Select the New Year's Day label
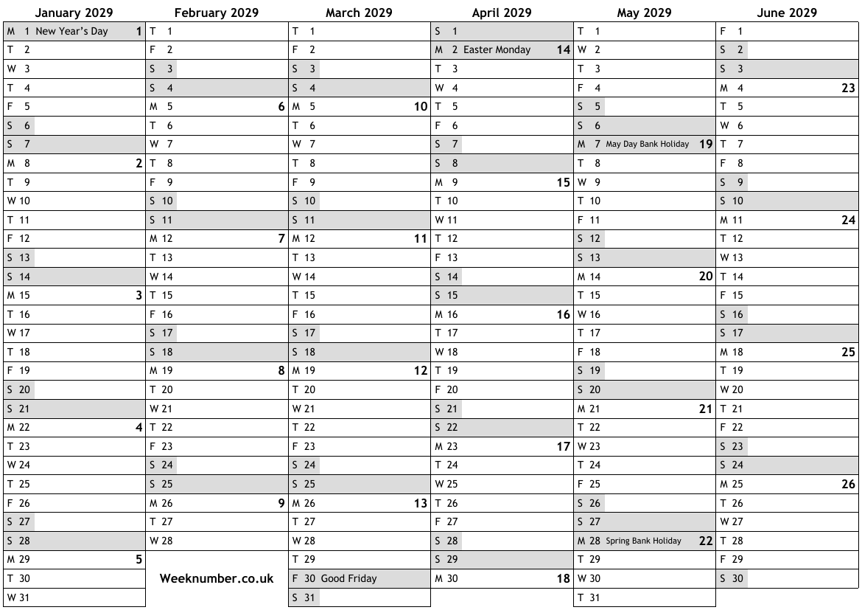71,31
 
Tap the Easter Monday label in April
497,50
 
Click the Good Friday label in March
348,579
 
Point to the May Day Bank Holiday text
647,145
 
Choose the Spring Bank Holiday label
643,541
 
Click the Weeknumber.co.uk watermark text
217,579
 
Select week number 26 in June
848,485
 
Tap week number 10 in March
421,107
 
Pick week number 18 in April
564,579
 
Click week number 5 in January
139,560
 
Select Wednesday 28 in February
161,541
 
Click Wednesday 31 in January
19,597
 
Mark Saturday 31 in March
304,597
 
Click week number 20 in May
706,277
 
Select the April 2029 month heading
501,13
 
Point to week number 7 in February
281,239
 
